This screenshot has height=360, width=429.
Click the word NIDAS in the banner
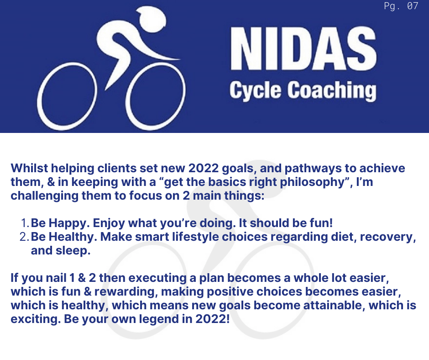[x=303, y=49]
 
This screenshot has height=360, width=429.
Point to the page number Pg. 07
[x=401, y=6]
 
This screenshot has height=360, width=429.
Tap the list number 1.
[x=25, y=223]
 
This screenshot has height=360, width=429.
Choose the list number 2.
[x=24, y=237]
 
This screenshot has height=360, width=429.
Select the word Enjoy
[x=109, y=223]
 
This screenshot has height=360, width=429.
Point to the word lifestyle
[x=195, y=237]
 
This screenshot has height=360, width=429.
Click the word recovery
[x=387, y=237]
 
